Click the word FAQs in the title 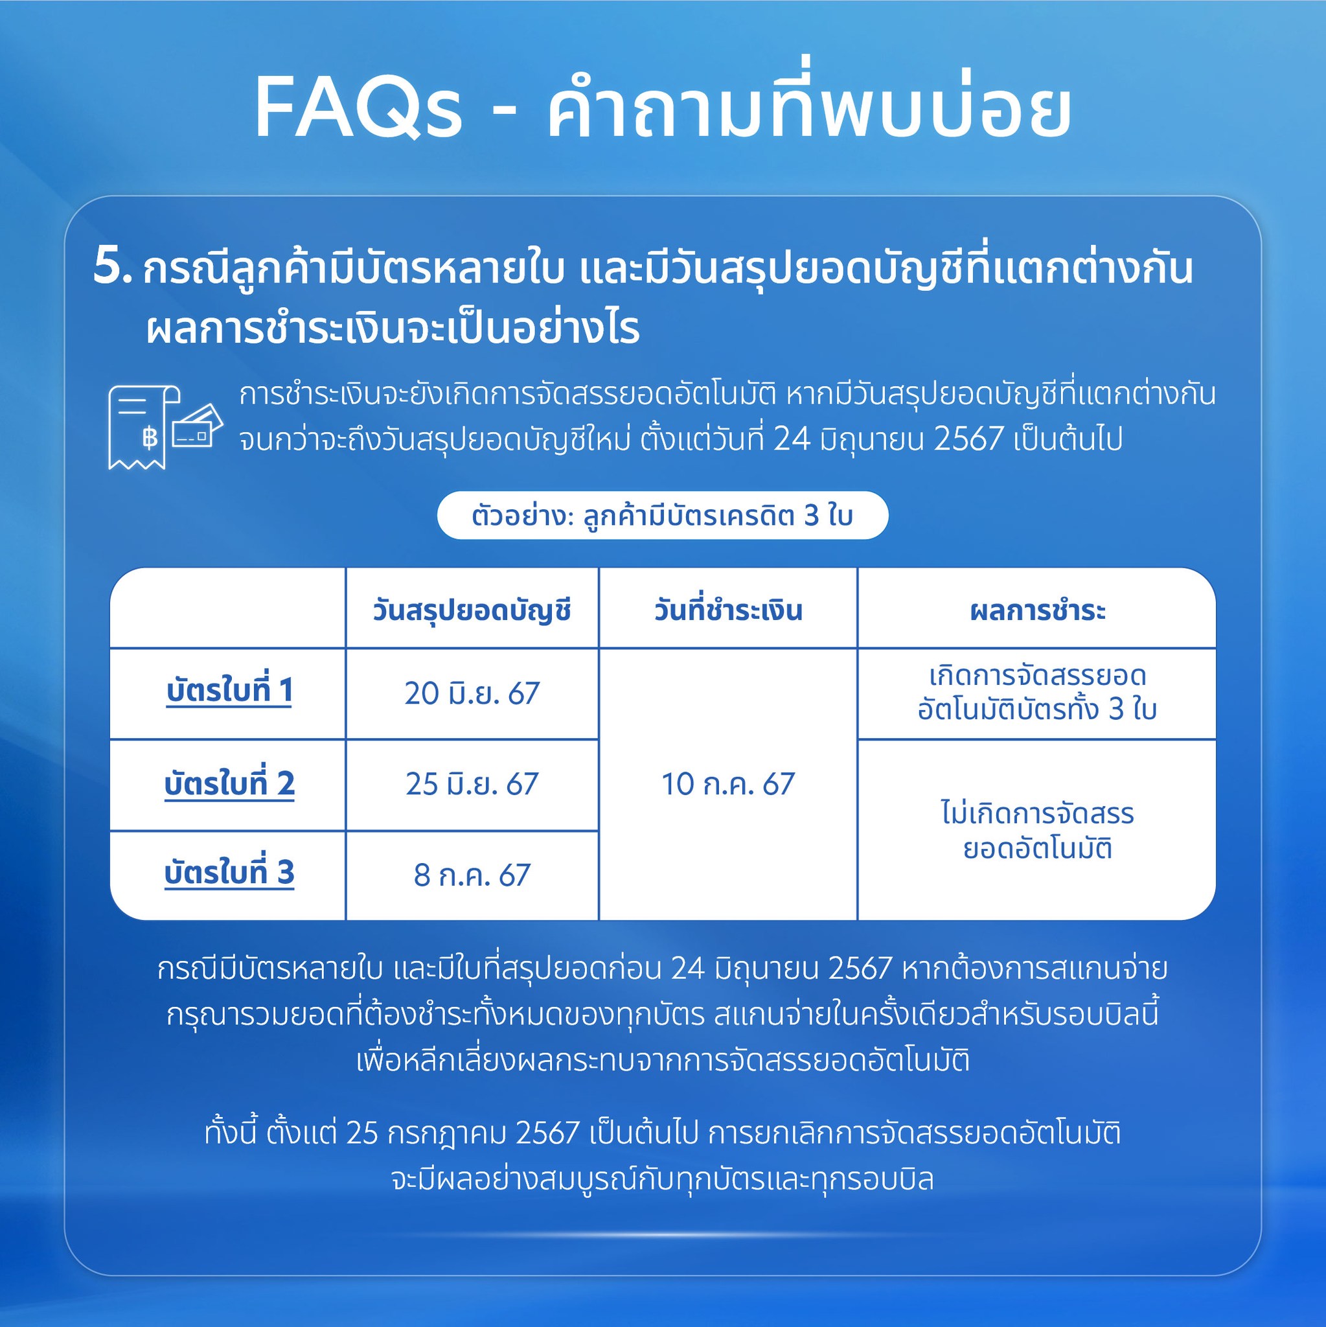pyautogui.click(x=358, y=108)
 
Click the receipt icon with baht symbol pyautogui.click(x=144, y=427)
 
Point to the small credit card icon pyautogui.click(x=197, y=426)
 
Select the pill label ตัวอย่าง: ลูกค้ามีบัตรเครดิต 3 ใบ pyautogui.click(x=663, y=515)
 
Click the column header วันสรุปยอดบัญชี pyautogui.click(x=472, y=610)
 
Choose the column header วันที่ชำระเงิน pyautogui.click(x=728, y=610)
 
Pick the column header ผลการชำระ pyautogui.click(x=1038, y=610)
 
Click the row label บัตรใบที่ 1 pyautogui.click(x=229, y=689)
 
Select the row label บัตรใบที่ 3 pyautogui.click(x=229, y=872)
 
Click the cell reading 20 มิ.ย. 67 pyautogui.click(x=472, y=693)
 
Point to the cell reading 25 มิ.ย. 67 pyautogui.click(x=472, y=784)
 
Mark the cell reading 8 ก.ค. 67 pyautogui.click(x=472, y=875)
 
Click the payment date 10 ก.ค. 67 pyautogui.click(x=728, y=784)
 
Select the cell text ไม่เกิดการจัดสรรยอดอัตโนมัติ pyautogui.click(x=1038, y=831)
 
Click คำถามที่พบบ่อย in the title pyautogui.click(x=808, y=103)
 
